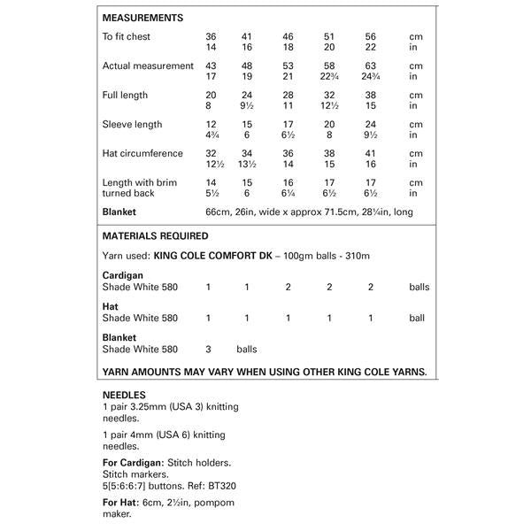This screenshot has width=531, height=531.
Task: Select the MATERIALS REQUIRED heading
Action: [156, 236]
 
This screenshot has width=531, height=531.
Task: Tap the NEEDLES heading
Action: [125, 395]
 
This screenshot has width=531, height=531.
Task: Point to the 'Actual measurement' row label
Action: [148, 66]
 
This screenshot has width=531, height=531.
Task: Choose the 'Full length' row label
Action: [125, 96]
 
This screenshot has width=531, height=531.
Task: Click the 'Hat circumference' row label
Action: [142, 154]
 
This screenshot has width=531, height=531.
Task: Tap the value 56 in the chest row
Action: [370, 37]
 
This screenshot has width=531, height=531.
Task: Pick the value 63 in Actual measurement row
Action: [370, 66]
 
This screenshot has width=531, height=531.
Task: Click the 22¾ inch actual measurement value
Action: [330, 77]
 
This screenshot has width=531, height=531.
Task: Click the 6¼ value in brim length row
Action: [288, 193]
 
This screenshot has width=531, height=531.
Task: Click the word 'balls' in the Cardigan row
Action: [419, 288]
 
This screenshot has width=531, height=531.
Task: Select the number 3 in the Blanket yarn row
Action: [208, 349]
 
